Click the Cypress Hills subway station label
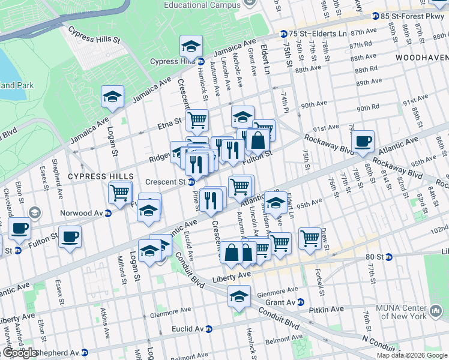[172, 61]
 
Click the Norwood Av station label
[82, 212]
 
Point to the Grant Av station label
[282, 302]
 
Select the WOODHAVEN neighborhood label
[421, 57]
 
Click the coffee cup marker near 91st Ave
[363, 142]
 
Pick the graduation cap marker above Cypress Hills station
[191, 46]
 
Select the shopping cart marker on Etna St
[197, 120]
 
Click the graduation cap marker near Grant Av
[239, 296]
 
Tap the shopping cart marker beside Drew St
[310, 238]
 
